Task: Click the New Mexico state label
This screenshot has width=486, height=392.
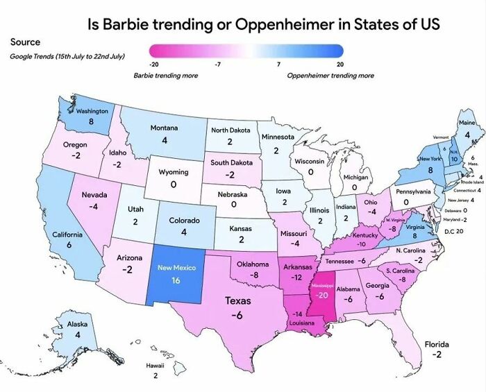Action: point(177,268)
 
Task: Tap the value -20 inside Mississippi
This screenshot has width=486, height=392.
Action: point(321,295)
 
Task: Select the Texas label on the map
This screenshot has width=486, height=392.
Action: point(237,301)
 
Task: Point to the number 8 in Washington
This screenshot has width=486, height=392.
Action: point(91,121)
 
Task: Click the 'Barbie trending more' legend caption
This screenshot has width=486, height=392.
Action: point(165,76)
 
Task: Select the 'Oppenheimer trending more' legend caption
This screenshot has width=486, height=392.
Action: point(330,76)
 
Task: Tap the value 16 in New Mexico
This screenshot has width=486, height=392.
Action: point(176,280)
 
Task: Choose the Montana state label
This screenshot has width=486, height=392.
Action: point(165,128)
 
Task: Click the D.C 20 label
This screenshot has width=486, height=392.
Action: point(455,230)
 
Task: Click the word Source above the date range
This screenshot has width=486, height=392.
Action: point(25,42)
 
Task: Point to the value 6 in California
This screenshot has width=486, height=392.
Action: point(69,246)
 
